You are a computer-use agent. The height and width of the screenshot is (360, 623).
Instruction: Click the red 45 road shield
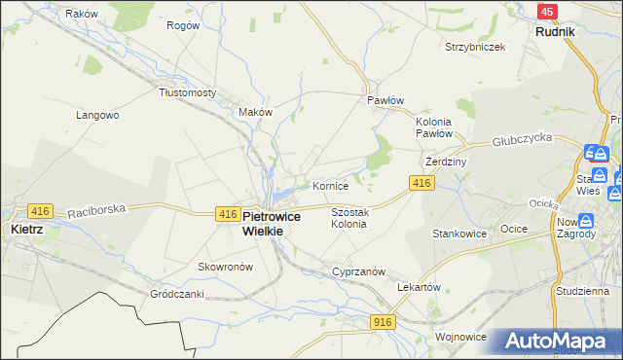click(x=548, y=11)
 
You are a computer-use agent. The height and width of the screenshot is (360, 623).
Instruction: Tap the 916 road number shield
click(x=382, y=320)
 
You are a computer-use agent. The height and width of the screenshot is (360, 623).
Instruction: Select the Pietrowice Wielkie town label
click(x=277, y=224)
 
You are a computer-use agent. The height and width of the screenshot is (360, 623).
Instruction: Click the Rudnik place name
click(x=555, y=31)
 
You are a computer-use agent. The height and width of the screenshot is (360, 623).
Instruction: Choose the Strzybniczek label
click(x=475, y=47)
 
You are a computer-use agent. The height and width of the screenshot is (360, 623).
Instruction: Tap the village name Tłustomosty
click(x=187, y=92)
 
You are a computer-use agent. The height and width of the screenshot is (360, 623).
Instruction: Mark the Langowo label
click(x=97, y=115)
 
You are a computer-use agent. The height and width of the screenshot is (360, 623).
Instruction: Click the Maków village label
click(x=255, y=112)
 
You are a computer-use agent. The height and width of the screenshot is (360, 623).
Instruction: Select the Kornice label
click(x=330, y=185)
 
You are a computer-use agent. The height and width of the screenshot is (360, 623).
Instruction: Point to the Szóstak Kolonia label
click(x=348, y=217)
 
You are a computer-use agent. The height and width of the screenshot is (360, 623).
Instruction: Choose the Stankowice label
click(x=459, y=234)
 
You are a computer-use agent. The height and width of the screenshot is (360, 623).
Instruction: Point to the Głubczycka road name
click(x=522, y=139)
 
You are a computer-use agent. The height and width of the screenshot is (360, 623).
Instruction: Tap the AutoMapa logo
click(x=555, y=342)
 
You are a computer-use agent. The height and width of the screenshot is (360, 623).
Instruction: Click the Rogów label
click(x=183, y=25)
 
